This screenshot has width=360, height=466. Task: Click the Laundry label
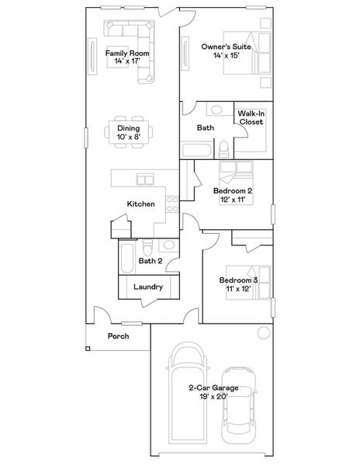pyautogui.click(x=147, y=287)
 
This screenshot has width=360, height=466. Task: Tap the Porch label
pyautogui.click(x=118, y=336)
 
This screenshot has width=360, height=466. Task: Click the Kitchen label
pyautogui.click(x=141, y=204)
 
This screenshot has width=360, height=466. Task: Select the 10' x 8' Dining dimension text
pyautogui.click(x=128, y=137)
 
